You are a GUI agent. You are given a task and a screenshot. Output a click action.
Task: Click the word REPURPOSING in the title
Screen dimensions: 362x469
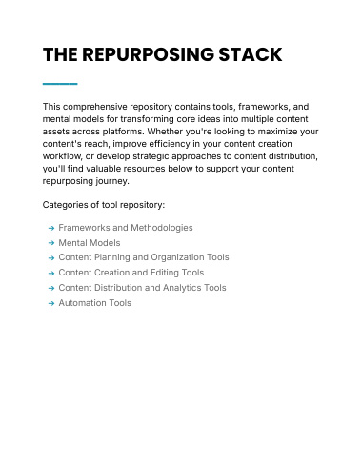pyautogui.click(x=148, y=54)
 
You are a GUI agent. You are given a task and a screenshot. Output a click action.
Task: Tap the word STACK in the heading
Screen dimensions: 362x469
pyautogui.click(x=251, y=54)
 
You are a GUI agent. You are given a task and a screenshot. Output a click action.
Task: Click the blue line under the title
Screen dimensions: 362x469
pyautogui.click(x=60, y=84)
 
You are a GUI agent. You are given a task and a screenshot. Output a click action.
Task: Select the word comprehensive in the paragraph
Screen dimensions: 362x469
pyautogui.click(x=95, y=107)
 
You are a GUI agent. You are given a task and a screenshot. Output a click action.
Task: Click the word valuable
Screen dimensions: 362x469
pyautogui.click(x=103, y=169)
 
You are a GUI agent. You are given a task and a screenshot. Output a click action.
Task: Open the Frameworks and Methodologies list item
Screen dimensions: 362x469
pyautogui.click(x=126, y=228)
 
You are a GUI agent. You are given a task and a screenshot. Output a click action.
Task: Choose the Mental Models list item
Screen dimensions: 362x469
pyautogui.click(x=90, y=243)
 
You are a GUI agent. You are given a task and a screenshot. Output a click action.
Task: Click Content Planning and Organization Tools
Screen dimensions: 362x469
pyautogui.click(x=144, y=257)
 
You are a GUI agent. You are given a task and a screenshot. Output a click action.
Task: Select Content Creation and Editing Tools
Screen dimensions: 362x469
pyautogui.click(x=131, y=273)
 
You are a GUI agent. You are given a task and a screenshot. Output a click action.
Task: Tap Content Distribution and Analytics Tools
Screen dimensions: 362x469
pyautogui.click(x=143, y=288)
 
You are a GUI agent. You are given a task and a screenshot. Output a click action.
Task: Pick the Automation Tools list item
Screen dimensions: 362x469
pyautogui.click(x=95, y=303)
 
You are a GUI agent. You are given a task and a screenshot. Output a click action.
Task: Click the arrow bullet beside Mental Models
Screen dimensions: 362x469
pyautogui.click(x=51, y=243)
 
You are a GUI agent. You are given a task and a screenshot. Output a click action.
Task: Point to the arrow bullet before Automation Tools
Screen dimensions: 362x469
pyautogui.click(x=51, y=303)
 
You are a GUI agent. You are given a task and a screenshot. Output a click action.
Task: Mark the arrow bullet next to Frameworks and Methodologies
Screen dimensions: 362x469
pyautogui.click(x=51, y=228)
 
